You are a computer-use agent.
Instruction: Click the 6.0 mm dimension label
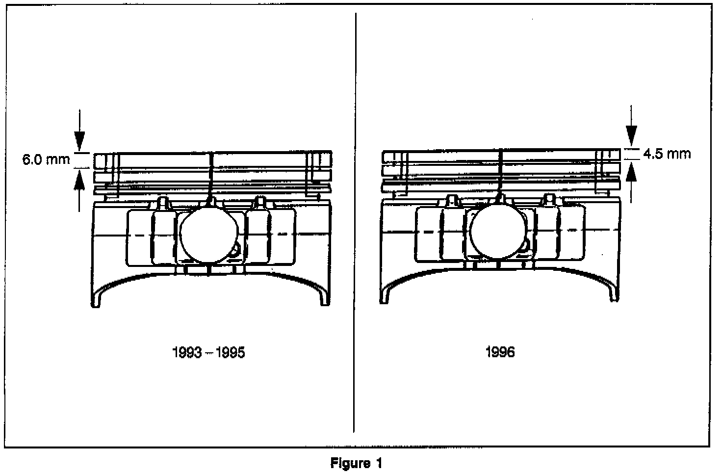point(46,160)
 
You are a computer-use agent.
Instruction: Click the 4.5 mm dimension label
point(667,154)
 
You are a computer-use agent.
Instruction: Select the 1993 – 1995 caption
point(208,353)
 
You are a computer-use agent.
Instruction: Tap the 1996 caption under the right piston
point(500,352)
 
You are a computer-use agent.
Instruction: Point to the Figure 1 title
point(356,463)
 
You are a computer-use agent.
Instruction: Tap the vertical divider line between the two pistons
point(355,221)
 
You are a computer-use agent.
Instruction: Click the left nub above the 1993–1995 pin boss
point(162,202)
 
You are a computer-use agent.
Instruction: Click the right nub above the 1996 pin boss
point(550,199)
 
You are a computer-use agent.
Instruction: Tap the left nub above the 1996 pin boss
point(452,199)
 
